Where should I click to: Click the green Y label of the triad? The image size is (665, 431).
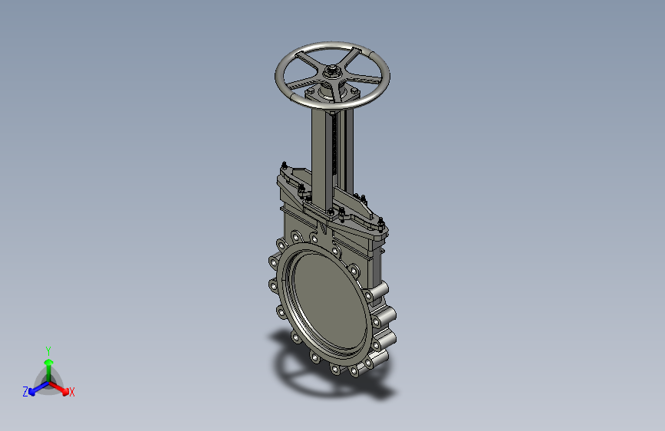[x=48, y=351]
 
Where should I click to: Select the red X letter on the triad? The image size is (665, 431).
[x=71, y=392]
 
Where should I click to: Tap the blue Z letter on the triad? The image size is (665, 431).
[x=25, y=392]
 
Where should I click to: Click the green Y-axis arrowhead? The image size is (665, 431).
[x=49, y=363]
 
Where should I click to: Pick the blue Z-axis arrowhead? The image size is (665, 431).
[x=31, y=392]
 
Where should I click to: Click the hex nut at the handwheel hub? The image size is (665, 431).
[x=331, y=70]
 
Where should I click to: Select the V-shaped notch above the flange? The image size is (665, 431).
[x=324, y=229]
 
